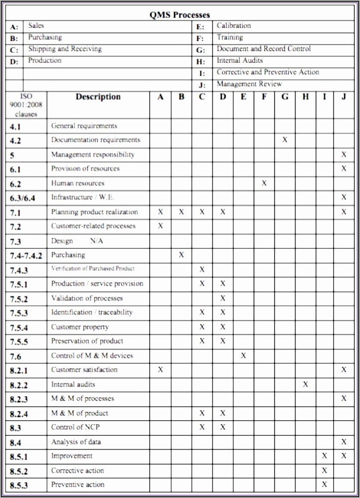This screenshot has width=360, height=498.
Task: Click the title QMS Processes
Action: (x=180, y=15)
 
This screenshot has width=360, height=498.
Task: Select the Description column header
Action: (x=98, y=97)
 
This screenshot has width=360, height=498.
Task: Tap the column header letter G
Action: (x=285, y=97)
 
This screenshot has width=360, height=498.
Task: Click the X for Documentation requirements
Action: (x=285, y=140)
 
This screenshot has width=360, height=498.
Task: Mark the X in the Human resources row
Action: (x=264, y=183)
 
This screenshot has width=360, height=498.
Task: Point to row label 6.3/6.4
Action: (x=22, y=198)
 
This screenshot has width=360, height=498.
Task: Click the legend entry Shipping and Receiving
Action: (x=65, y=49)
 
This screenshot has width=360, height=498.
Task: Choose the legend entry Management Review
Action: (x=249, y=84)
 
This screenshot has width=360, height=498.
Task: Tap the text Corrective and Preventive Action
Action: (x=268, y=72)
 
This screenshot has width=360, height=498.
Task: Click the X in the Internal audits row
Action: (x=305, y=384)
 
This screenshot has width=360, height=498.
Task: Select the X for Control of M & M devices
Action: (x=243, y=356)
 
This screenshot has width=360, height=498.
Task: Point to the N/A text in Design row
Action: (x=96, y=241)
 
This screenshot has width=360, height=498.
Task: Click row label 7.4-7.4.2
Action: (x=26, y=256)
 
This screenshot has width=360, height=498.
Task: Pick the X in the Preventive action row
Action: (x=325, y=485)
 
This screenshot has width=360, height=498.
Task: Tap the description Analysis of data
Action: (x=76, y=442)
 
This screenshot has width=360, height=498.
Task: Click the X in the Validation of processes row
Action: (x=222, y=298)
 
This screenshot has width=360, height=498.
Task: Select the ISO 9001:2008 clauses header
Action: (x=26, y=105)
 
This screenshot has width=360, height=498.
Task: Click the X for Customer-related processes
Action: (x=161, y=226)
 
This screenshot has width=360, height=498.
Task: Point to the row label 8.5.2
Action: (x=19, y=471)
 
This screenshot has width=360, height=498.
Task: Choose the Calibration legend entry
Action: (x=234, y=26)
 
